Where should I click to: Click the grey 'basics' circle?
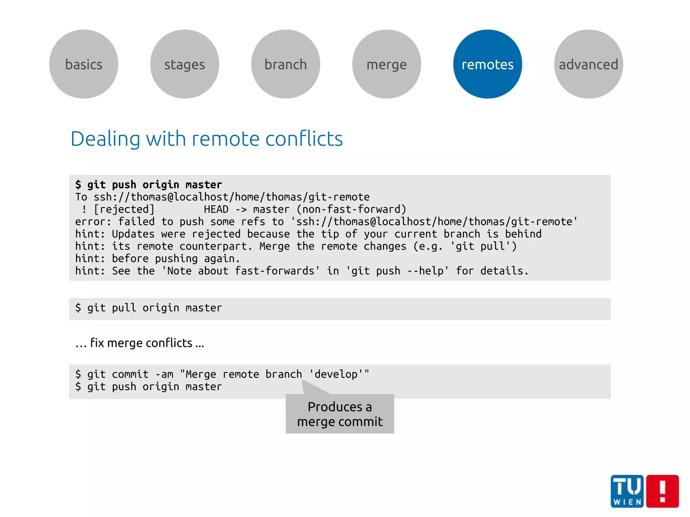(84, 64)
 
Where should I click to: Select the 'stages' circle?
(185, 64)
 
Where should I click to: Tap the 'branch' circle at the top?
(286, 64)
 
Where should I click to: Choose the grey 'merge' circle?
(387, 64)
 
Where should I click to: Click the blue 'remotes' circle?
(488, 64)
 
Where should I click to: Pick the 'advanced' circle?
(589, 64)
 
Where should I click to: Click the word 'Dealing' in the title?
(105, 139)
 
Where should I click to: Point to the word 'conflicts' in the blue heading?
(304, 139)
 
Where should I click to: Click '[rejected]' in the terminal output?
(124, 209)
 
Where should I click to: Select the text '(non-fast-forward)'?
(351, 209)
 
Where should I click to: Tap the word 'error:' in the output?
(93, 222)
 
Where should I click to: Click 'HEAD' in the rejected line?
(216, 209)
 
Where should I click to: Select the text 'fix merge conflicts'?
(142, 343)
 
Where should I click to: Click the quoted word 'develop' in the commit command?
(336, 374)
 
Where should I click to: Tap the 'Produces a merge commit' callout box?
(340, 414)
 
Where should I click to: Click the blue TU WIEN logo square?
(627, 491)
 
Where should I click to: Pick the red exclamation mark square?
(662, 491)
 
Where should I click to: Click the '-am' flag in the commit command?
(164, 374)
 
